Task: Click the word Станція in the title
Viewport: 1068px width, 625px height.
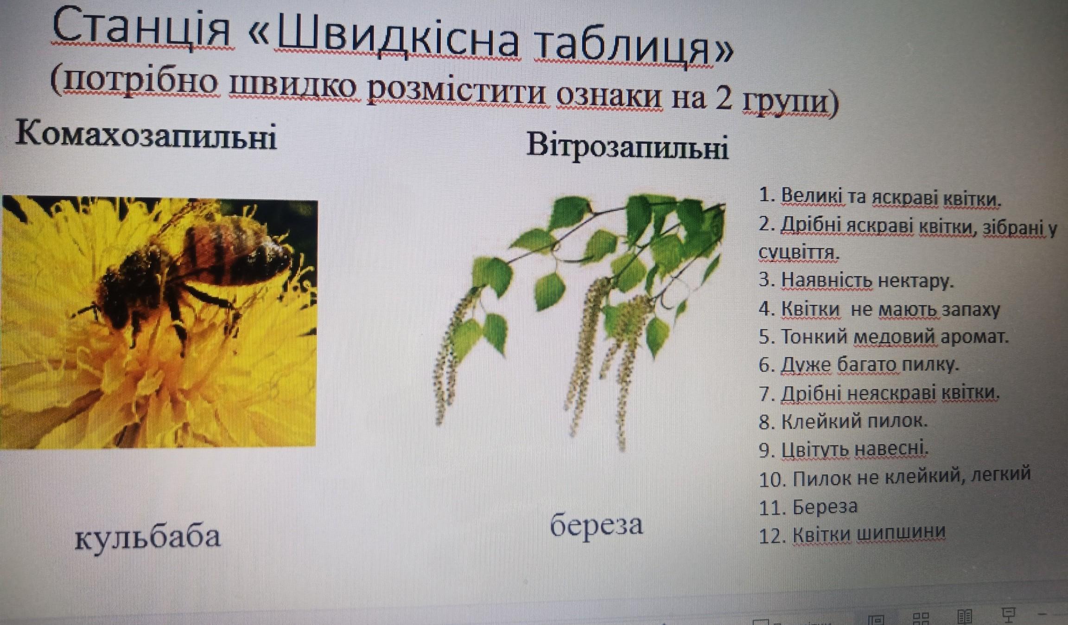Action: (142, 29)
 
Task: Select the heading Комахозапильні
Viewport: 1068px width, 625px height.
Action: (146, 135)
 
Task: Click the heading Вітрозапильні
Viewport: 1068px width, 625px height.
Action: (627, 146)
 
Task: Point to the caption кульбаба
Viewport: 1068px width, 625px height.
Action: (148, 537)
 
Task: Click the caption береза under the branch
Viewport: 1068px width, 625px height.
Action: (597, 526)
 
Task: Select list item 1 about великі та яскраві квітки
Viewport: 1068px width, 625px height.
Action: (880, 197)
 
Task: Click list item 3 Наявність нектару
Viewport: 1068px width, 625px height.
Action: (856, 280)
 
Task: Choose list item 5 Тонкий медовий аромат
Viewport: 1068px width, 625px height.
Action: (884, 336)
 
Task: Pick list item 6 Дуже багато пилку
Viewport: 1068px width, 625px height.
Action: (858, 365)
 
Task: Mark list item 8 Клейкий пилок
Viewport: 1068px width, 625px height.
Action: (843, 421)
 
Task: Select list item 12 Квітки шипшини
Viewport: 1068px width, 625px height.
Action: (852, 534)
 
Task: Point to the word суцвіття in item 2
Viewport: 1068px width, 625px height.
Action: (799, 253)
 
